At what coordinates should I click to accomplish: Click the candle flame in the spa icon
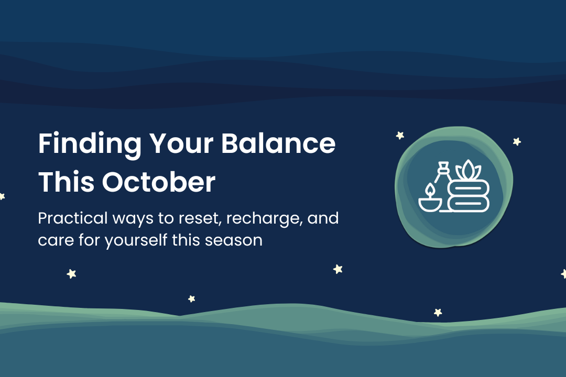pyautogui.click(x=430, y=190)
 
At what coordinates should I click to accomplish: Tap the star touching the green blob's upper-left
pyautogui.click(x=400, y=136)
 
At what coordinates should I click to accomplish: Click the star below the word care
pyautogui.click(x=71, y=273)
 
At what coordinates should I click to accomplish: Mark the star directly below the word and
pyautogui.click(x=338, y=269)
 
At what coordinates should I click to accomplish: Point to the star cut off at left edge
pyautogui.click(x=2, y=196)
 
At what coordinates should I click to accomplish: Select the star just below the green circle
pyautogui.click(x=438, y=312)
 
